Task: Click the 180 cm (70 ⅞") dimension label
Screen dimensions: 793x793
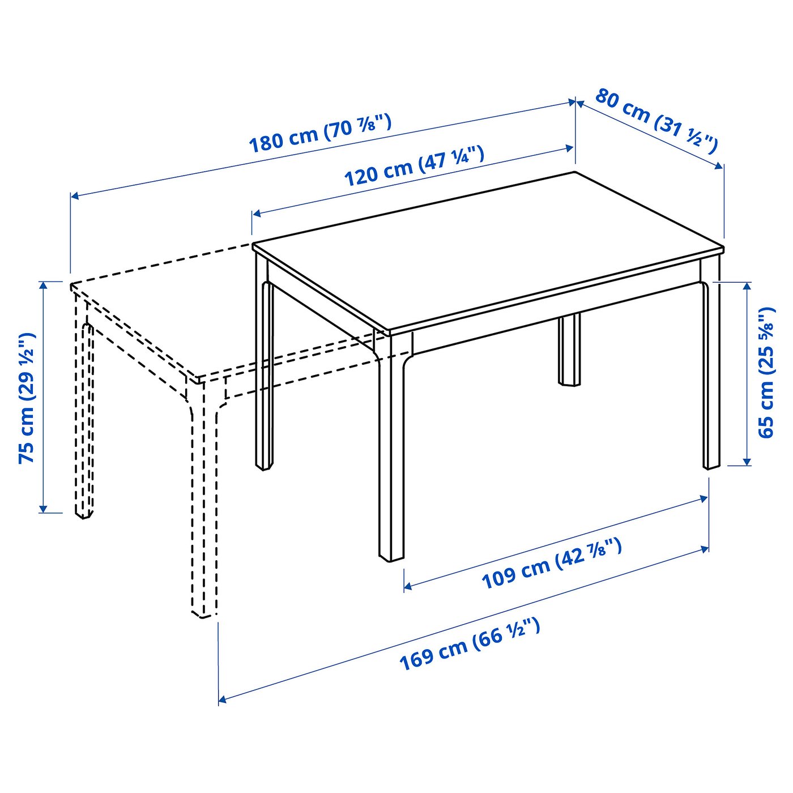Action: coord(320,134)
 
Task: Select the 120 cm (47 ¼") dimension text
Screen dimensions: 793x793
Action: coord(414,166)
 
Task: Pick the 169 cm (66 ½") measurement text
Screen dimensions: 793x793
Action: coord(470,645)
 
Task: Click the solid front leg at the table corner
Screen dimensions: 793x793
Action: coord(391,453)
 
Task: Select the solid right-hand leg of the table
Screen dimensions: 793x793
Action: coord(711,374)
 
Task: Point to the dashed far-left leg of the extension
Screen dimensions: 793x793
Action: coord(83,419)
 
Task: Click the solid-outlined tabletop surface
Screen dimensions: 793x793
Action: coord(487,249)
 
